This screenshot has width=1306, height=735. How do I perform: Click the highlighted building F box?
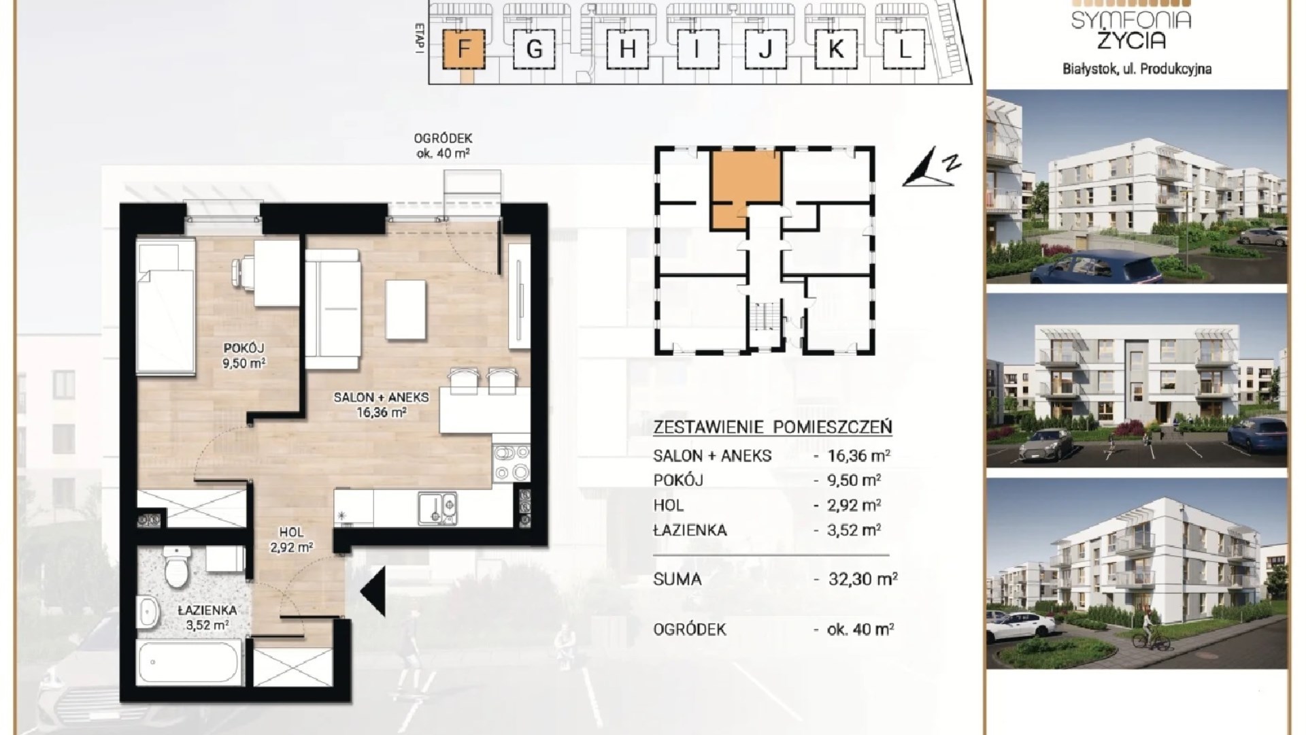coord(464,49)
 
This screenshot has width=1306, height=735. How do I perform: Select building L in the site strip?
coord(904,50)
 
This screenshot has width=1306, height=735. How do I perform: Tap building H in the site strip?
coord(628,50)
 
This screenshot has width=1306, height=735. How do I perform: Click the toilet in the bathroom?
coord(176,568)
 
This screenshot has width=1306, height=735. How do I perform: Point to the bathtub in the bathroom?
coord(189,664)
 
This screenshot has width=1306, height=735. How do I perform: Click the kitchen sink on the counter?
coord(437,509)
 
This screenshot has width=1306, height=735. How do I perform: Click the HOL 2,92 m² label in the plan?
coord(291,539)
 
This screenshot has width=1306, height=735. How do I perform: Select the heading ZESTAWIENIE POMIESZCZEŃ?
coord(772,427)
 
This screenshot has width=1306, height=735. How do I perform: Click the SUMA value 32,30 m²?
coord(863,579)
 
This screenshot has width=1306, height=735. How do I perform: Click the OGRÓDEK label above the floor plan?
coord(443,139)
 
